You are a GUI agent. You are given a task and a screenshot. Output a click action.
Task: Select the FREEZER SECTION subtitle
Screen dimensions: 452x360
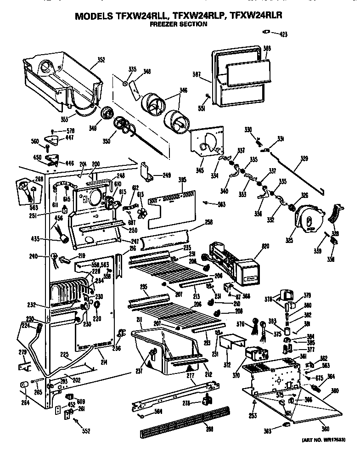[x=178, y=24]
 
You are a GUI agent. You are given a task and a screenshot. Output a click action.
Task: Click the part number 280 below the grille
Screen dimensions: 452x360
[x=209, y=429]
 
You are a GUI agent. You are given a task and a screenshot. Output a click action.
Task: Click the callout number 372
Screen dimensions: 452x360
[x=227, y=365]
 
